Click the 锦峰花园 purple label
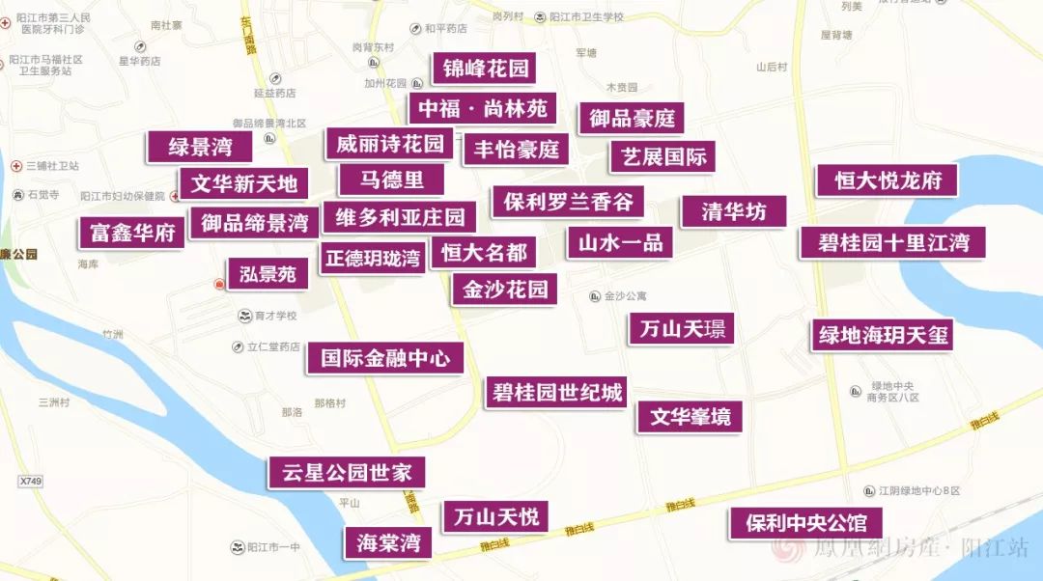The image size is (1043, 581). click(485, 69)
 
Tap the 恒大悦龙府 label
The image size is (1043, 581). click(888, 180)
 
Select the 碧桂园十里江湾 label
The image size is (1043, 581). click(891, 241)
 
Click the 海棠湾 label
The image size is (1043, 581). click(388, 541)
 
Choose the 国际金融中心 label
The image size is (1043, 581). click(384, 358)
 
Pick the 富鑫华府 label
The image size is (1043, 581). click(131, 233)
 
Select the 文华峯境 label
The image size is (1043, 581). click(690, 416)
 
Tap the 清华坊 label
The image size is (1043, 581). click(733, 211)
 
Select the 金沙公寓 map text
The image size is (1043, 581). click(624, 296)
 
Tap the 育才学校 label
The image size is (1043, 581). click(268, 316)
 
